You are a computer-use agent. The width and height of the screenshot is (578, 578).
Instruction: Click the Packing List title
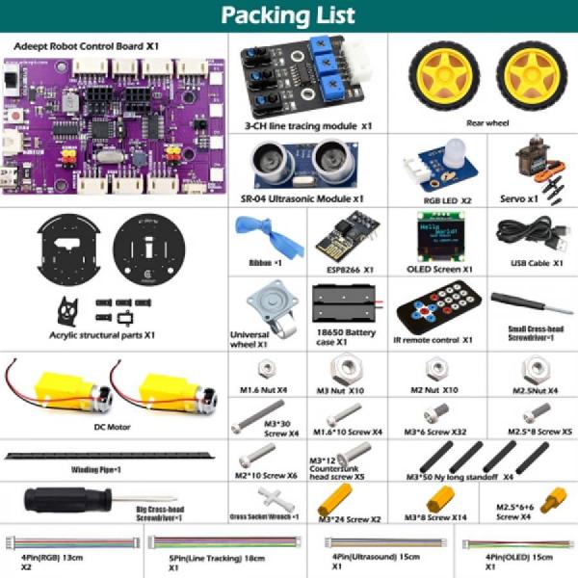point(288,16)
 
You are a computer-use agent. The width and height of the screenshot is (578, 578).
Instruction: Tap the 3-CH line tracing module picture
point(309,77)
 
